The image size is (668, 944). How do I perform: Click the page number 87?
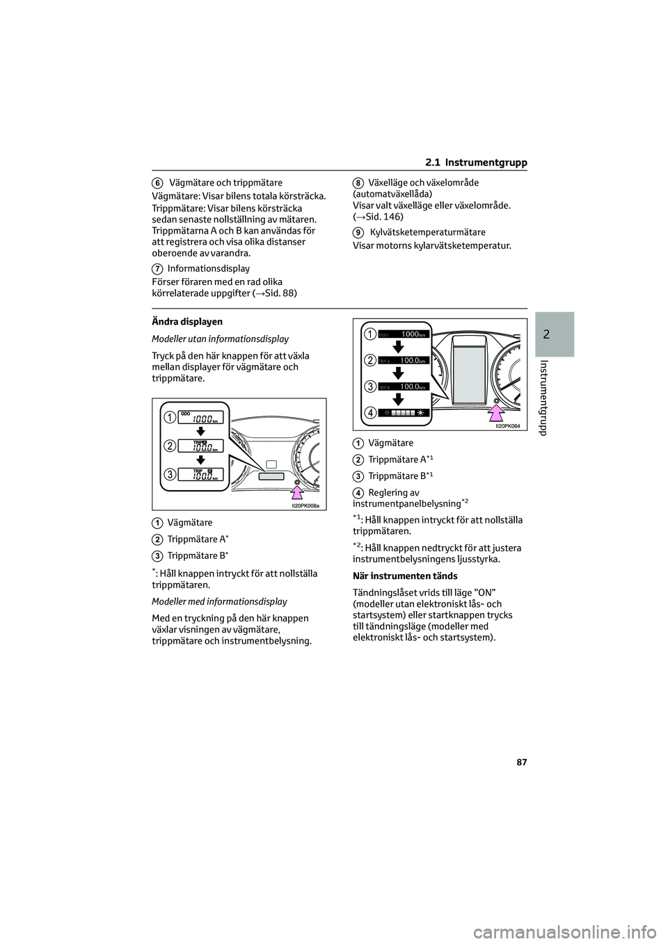click(521, 763)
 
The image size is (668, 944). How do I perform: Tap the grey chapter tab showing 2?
click(555, 334)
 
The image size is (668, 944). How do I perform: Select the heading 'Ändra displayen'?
click(187, 323)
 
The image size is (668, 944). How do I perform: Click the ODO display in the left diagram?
click(200, 418)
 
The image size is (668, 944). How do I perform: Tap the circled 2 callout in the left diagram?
click(170, 445)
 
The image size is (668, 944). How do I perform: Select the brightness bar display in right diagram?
click(404, 412)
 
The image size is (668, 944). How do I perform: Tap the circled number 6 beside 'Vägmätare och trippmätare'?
click(158, 183)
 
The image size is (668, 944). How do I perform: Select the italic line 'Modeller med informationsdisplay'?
click(219, 602)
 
